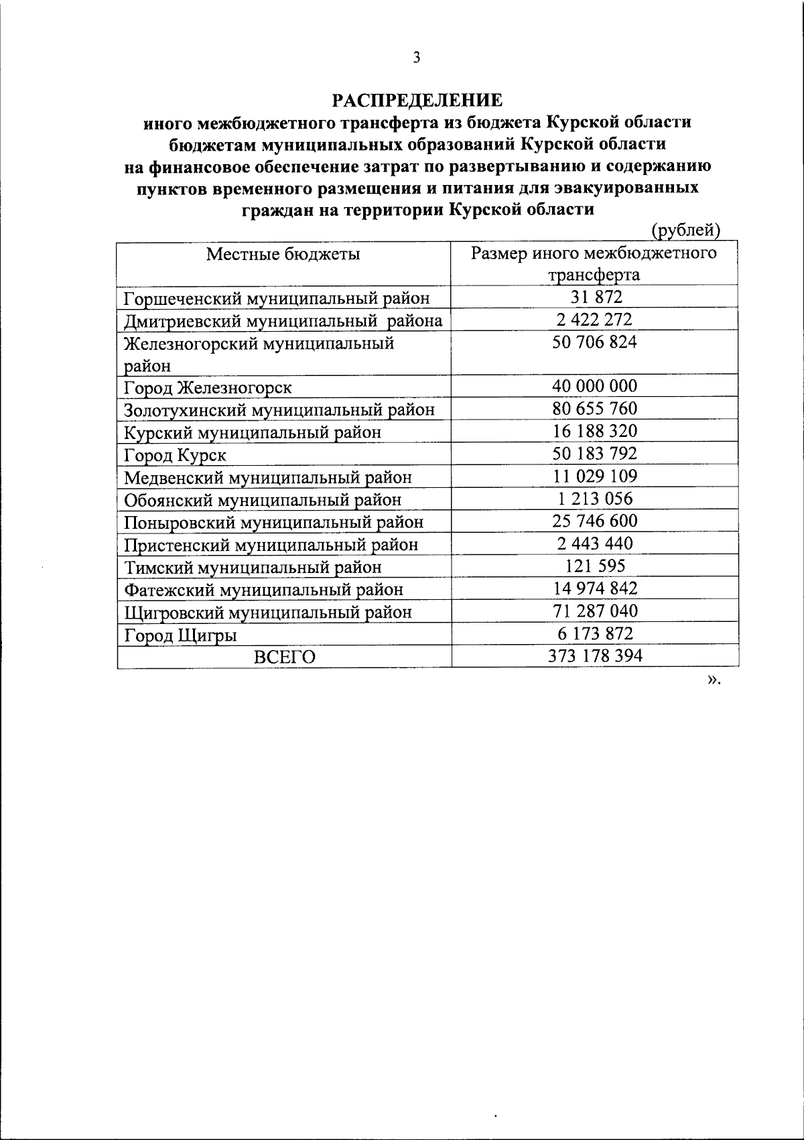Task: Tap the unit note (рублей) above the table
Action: tap(685, 230)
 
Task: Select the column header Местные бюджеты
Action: tap(283, 253)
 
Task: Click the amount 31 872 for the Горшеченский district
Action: tap(594, 297)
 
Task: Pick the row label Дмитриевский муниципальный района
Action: tap(283, 320)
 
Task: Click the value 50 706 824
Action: tap(594, 342)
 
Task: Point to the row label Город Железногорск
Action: tap(208, 387)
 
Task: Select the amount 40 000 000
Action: tap(594, 386)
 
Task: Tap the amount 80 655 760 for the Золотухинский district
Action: tap(594, 408)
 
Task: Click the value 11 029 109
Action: tap(594, 476)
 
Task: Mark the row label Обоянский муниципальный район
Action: tap(263, 500)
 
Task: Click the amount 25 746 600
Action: tap(594, 521)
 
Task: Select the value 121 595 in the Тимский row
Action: tap(594, 566)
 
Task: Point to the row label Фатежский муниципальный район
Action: tap(264, 590)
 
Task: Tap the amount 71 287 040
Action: tap(594, 611)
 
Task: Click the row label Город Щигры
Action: tap(180, 635)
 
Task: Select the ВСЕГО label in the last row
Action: tap(284, 657)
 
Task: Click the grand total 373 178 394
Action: tap(594, 655)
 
